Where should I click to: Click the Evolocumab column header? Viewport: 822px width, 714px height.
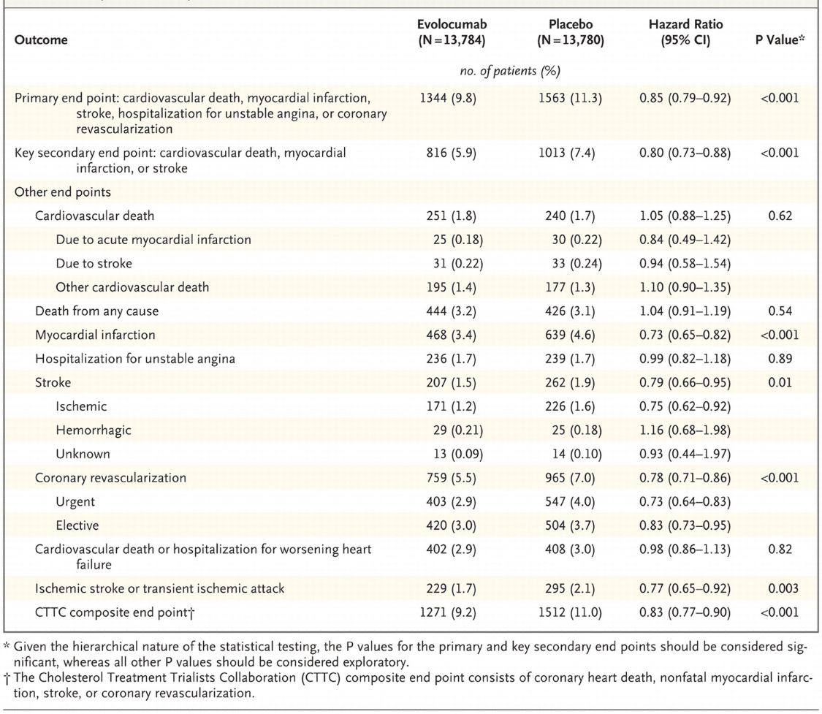(452, 32)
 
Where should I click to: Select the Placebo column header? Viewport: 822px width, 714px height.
(571, 32)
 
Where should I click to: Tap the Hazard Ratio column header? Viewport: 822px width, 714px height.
(685, 32)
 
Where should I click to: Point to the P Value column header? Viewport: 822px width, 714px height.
(780, 40)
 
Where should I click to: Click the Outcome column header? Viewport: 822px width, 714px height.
(41, 40)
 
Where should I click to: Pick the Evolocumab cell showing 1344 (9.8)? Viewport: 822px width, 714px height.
(448, 98)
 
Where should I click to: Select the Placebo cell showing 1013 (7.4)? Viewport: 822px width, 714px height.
(566, 153)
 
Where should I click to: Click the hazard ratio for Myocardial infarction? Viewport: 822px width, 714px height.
(685, 335)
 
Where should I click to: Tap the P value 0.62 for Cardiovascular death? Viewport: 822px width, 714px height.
(780, 216)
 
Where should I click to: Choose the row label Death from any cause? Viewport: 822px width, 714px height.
(96, 311)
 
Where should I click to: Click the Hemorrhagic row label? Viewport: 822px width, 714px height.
(94, 430)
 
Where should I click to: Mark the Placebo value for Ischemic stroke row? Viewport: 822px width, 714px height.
(570, 406)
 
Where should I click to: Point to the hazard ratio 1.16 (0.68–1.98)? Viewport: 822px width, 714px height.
(685, 430)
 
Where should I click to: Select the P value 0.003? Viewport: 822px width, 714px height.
(783, 589)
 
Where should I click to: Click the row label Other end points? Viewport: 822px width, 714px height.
(62, 192)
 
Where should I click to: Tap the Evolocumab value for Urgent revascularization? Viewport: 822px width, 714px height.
(451, 501)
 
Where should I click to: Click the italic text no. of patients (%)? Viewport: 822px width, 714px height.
(510, 72)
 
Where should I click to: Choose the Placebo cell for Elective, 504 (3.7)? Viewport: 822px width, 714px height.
(570, 525)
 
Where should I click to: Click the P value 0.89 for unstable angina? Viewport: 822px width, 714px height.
(780, 359)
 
